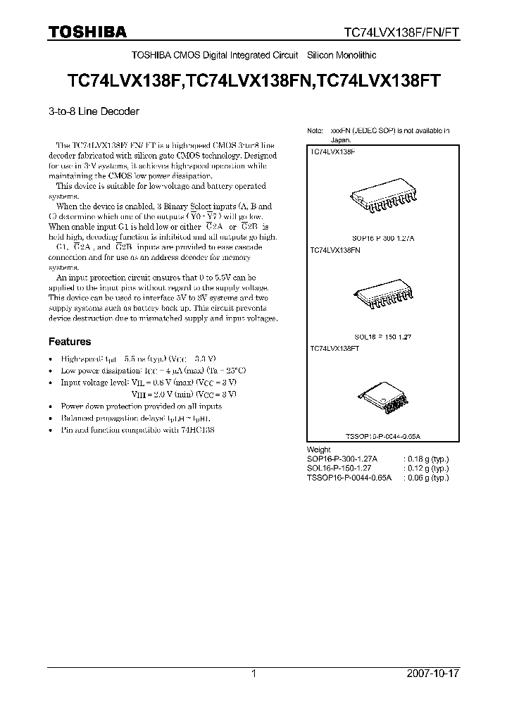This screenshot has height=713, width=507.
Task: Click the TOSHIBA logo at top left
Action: [x=87, y=32]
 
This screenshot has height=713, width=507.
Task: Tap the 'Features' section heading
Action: [x=69, y=342]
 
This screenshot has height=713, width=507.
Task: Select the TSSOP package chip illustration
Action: [x=383, y=402]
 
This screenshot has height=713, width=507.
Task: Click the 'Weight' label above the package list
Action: [x=319, y=449]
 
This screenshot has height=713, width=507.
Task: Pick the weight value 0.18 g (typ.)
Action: [x=426, y=459]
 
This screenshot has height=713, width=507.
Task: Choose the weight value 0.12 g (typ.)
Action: [x=426, y=468]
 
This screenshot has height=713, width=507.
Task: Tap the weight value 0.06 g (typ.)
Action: [x=426, y=477]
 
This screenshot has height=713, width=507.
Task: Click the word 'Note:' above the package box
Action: [x=314, y=131]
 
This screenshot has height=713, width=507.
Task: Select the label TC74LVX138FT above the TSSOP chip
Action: [x=334, y=348]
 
